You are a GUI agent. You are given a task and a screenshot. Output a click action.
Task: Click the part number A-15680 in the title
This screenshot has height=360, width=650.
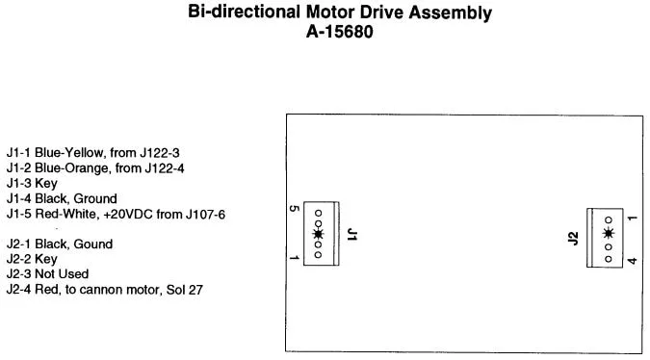coord(340,32)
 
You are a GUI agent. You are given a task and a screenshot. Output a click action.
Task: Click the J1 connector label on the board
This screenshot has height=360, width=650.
coord(351,235)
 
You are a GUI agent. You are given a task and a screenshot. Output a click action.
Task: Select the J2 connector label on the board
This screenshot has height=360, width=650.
coord(573,239)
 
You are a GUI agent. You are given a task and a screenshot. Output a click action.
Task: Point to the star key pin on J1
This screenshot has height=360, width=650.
coord(318,234)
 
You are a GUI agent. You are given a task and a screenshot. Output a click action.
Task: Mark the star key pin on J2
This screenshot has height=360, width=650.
coord(609,234)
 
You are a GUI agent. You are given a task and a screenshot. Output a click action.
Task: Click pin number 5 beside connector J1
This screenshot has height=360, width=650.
coord(294,208)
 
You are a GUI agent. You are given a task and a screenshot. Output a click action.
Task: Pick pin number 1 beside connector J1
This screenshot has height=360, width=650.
coord(294,258)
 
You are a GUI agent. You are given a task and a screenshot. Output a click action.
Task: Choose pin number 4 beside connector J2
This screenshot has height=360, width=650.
coord(632,261)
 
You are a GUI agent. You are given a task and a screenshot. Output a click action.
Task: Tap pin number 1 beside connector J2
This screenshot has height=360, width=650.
coord(632,218)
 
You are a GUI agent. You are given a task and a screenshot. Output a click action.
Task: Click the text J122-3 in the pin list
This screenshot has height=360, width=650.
coord(160,153)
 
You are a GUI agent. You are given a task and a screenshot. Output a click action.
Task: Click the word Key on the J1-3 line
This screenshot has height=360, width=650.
coord(46,184)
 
